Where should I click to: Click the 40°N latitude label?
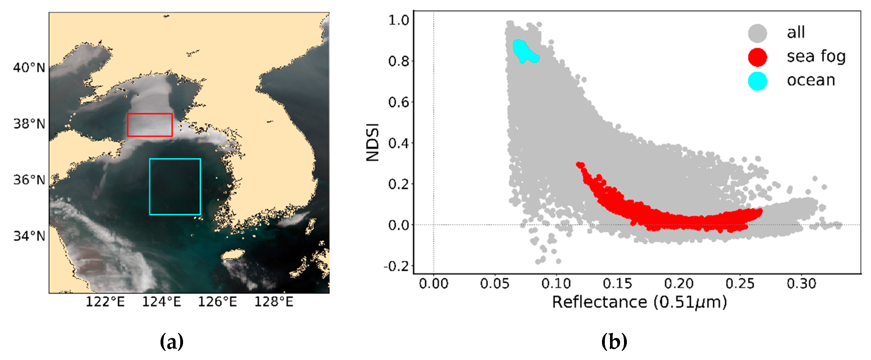[29, 68]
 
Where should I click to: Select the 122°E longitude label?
[105, 302]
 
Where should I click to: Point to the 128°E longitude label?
[273, 302]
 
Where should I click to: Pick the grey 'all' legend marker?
[757, 33]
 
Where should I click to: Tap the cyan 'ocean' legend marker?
[757, 81]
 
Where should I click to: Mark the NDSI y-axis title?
[373, 142]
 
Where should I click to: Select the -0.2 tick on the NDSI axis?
[396, 266]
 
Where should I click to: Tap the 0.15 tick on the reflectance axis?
[618, 283]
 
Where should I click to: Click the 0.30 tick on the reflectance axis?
[801, 283]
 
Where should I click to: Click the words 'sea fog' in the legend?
[816, 56]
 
